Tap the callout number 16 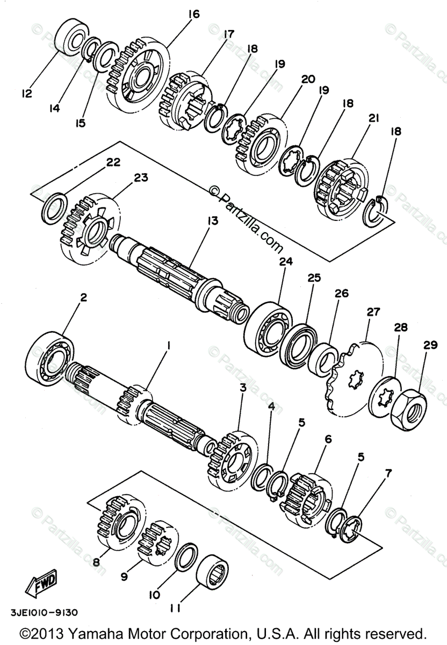click(193, 15)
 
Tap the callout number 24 click(285, 262)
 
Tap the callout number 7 click(388, 473)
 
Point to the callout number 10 click(154, 595)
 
